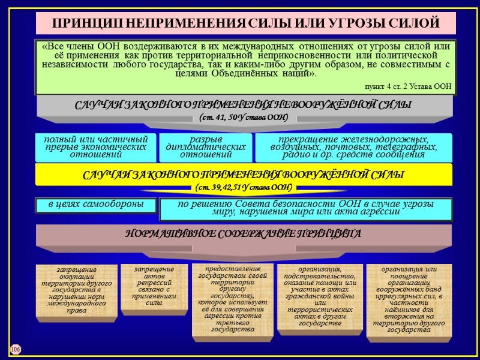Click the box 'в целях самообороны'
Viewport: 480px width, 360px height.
tap(95, 205)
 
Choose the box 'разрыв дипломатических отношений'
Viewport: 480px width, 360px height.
tap(205, 148)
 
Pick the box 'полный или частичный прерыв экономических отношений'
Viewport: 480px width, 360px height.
tap(95, 147)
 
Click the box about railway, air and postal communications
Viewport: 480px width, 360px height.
tap(353, 148)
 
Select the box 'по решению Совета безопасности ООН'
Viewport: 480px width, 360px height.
tap(305, 208)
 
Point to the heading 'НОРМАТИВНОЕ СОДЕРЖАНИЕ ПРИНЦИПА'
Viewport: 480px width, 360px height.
tap(243, 233)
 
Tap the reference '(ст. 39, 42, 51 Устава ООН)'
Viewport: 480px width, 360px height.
tap(244, 188)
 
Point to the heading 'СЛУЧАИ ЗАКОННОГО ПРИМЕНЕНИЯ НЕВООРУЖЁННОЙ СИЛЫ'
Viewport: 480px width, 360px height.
tap(243, 105)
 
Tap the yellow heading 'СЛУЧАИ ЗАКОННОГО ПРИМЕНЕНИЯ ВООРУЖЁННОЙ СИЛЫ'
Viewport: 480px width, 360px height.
tap(243, 175)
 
